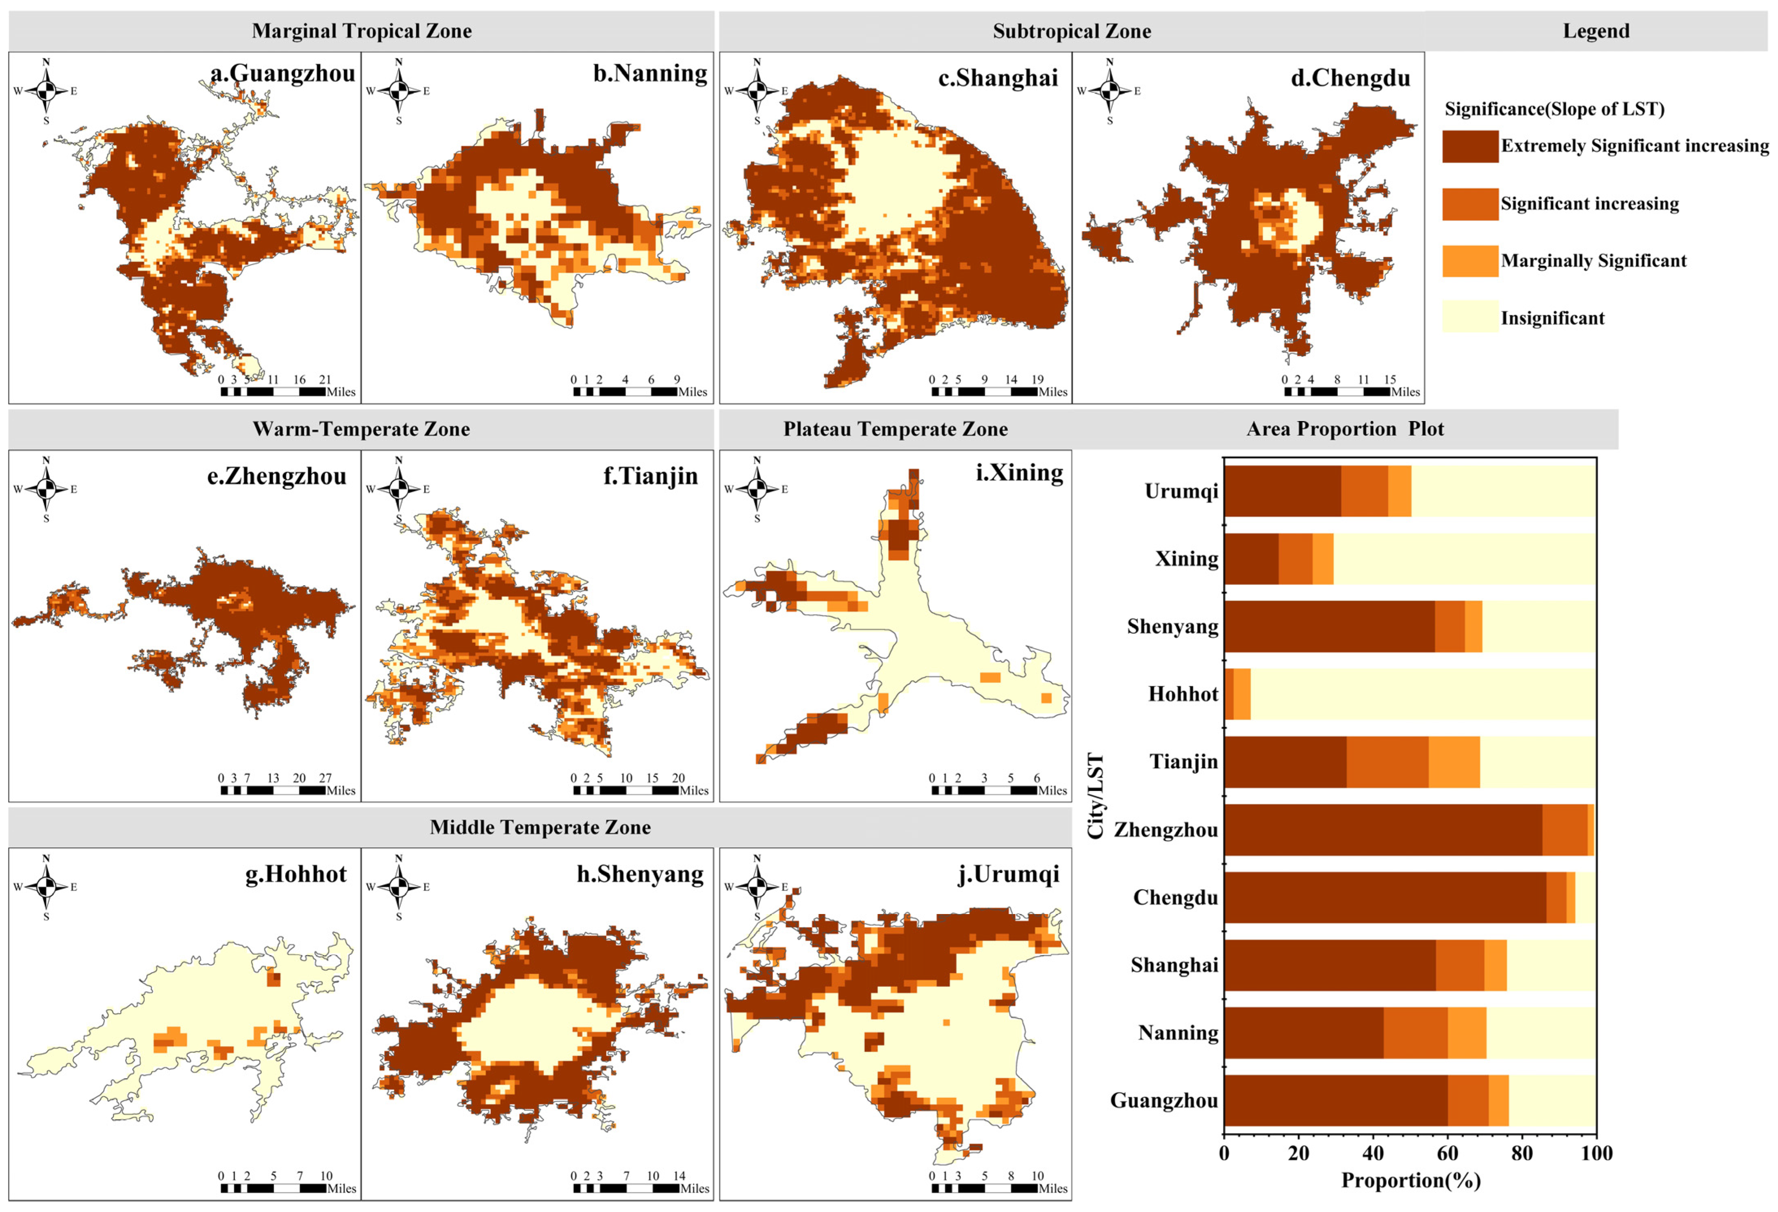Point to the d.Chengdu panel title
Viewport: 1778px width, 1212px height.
click(1350, 78)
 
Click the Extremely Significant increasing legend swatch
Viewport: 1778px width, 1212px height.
click(1470, 146)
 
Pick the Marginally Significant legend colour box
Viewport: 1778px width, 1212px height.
click(1470, 261)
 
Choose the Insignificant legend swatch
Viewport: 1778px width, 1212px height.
click(1470, 317)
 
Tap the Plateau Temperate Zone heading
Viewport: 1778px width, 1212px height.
click(895, 429)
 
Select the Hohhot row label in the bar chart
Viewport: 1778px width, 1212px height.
click(1183, 694)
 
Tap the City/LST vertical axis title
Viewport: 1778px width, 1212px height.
click(1096, 796)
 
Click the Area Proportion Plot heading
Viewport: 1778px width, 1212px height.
click(1345, 429)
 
